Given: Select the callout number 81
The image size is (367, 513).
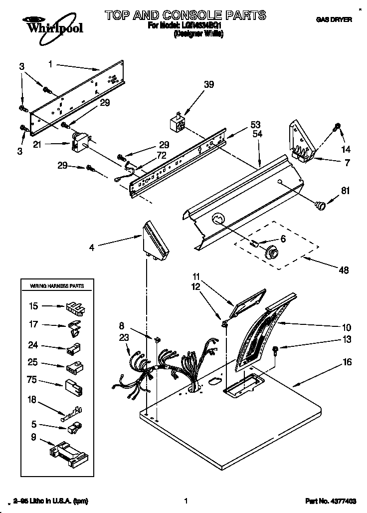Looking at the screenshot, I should [345, 190].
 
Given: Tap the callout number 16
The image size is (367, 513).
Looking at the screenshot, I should [347, 362].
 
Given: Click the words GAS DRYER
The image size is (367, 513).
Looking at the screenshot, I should [334, 20].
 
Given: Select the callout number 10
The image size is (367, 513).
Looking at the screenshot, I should [347, 328].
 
